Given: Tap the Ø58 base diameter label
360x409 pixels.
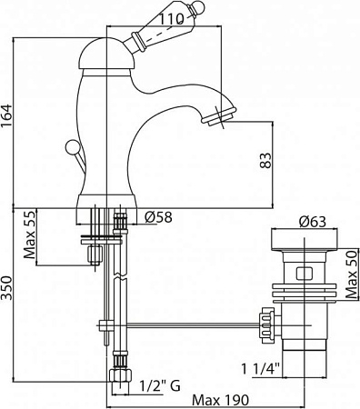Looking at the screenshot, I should tap(160, 216).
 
